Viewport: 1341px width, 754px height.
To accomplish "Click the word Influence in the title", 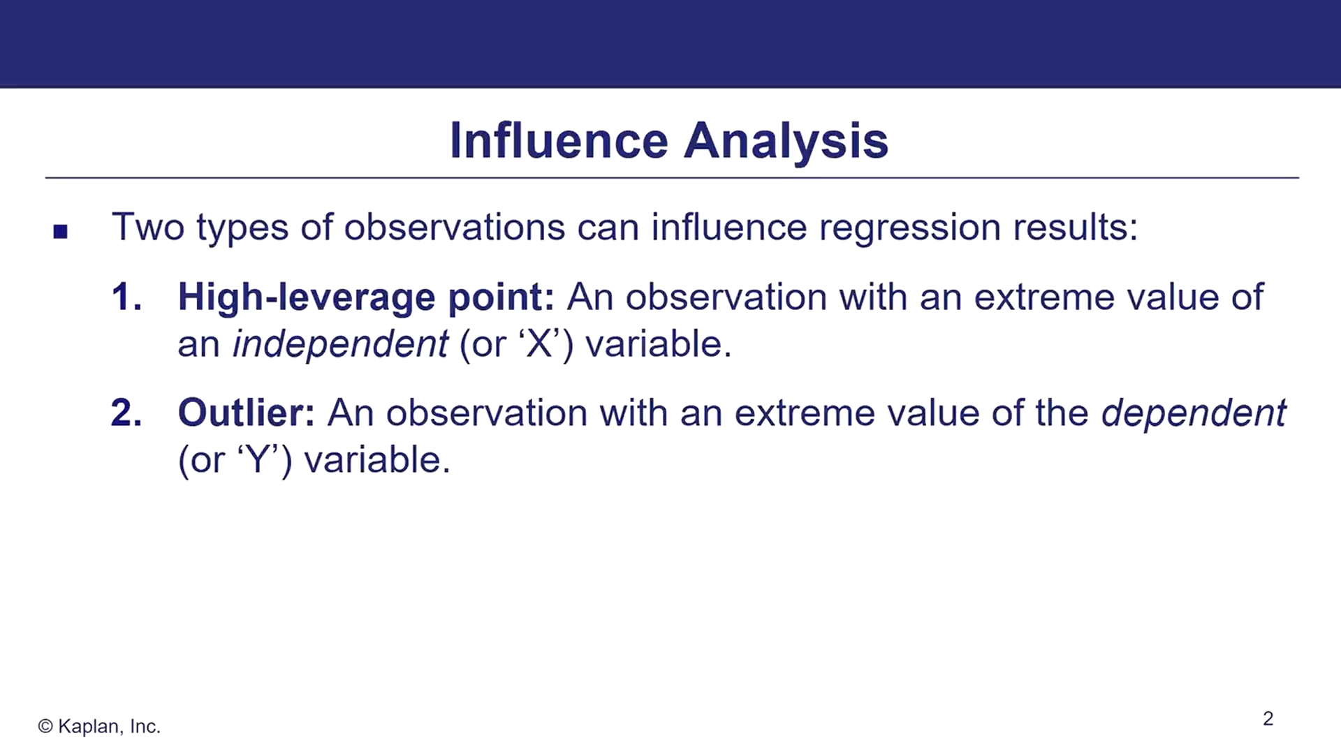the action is [x=559, y=140].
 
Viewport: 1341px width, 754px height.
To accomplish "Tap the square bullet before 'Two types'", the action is [x=61, y=232].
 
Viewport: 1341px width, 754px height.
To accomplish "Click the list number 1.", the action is [x=126, y=297].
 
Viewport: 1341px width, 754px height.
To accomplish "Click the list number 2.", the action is [x=126, y=413].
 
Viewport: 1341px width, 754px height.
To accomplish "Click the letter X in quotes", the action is [x=538, y=344].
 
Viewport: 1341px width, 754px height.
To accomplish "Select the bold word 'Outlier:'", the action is [x=247, y=413].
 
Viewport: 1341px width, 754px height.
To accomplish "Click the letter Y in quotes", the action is [x=258, y=460].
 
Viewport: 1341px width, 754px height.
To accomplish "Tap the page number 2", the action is [x=1268, y=718].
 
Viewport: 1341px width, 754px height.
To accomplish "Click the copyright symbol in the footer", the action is [x=45, y=727].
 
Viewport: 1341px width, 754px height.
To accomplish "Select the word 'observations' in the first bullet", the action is [x=454, y=228].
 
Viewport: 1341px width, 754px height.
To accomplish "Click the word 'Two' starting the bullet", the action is [x=148, y=228].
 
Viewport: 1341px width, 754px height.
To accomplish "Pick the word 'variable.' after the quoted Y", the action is [x=378, y=460].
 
